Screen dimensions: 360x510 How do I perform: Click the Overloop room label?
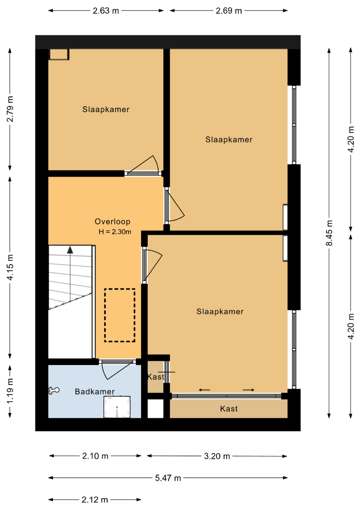(x=112, y=221)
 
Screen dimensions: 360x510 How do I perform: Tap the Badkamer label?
(x=94, y=391)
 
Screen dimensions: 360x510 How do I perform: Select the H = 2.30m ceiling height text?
(x=115, y=232)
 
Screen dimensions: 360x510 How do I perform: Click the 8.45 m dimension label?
(x=329, y=233)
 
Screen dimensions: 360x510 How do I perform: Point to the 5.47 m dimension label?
(x=168, y=478)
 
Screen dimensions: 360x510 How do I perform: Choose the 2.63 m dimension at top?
(x=106, y=11)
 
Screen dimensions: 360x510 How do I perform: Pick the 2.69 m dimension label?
(x=229, y=11)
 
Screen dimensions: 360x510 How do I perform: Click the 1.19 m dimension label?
(x=10, y=391)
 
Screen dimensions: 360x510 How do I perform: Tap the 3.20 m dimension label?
(x=217, y=456)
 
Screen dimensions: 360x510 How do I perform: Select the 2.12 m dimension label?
(x=95, y=500)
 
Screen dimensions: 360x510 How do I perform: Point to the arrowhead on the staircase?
(x=70, y=250)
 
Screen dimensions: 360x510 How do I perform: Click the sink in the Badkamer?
(x=117, y=407)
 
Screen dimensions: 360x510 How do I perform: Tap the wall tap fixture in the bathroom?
(x=54, y=391)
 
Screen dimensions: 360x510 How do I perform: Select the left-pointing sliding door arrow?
(x=205, y=390)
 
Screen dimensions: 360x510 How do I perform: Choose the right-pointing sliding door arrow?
(x=248, y=390)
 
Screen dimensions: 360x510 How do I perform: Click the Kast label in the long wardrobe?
(x=229, y=408)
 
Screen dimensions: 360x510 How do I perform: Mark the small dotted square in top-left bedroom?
(x=59, y=55)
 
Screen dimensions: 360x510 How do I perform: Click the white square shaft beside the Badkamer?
(x=156, y=408)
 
